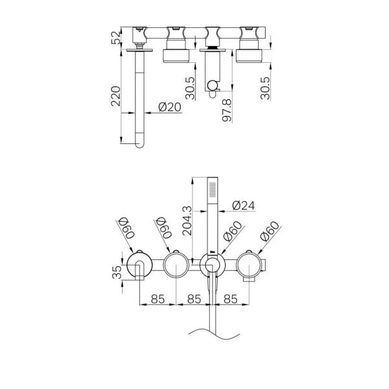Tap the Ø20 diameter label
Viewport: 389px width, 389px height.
(x=169, y=108)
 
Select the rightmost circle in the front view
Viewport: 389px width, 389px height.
(x=250, y=265)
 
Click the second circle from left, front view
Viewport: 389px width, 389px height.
(x=175, y=265)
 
